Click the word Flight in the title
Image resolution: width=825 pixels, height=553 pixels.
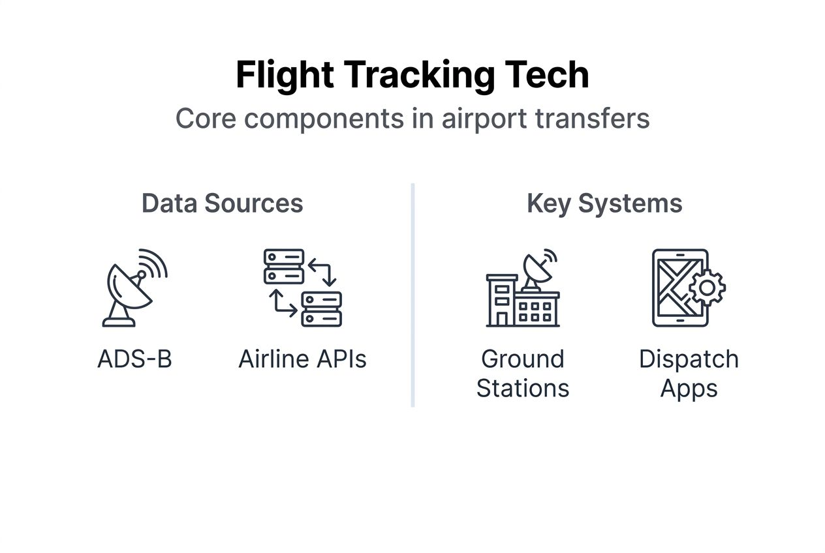pyautogui.click(x=285, y=76)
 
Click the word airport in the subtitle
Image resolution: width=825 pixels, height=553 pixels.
pyautogui.click(x=484, y=119)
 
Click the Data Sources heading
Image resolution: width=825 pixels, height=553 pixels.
pyautogui.click(x=223, y=203)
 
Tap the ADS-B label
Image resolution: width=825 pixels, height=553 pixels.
pyautogui.click(x=135, y=359)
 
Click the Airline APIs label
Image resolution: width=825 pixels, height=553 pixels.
pyautogui.click(x=302, y=359)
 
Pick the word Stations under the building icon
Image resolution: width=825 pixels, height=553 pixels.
pyautogui.click(x=523, y=388)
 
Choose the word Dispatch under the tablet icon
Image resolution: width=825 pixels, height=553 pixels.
pyautogui.click(x=689, y=359)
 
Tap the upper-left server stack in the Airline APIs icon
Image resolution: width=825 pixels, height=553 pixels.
pyautogui.click(x=284, y=267)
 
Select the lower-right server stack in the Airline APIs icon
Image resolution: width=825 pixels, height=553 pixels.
pyautogui.click(x=322, y=309)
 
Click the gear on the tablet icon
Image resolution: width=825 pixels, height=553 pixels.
pyautogui.click(x=707, y=288)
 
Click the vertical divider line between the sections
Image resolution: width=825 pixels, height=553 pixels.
pyautogui.click(x=413, y=295)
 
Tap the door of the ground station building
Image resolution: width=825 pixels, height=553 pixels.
pyautogui.click(x=502, y=319)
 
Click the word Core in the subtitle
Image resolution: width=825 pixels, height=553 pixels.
pyautogui.click(x=206, y=119)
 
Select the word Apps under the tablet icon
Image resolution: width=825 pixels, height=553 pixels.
pyautogui.click(x=689, y=389)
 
